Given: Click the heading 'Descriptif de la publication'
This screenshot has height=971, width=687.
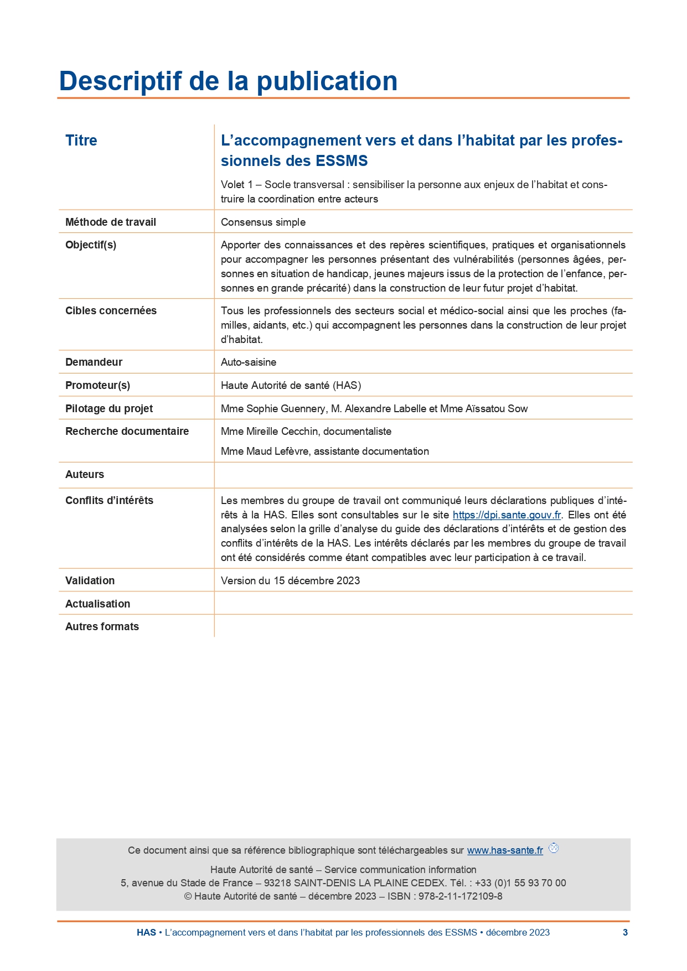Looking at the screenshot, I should [x=228, y=81].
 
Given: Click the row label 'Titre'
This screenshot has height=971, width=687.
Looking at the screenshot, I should [x=81, y=141].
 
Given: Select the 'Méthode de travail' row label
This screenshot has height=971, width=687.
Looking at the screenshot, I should [x=111, y=222].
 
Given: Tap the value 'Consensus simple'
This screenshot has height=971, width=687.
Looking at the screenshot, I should [x=263, y=222].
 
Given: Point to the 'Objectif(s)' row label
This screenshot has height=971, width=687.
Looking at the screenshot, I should [x=91, y=245].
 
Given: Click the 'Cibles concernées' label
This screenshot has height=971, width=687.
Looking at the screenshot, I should [x=111, y=310].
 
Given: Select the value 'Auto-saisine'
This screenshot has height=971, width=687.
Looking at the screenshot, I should [x=249, y=362].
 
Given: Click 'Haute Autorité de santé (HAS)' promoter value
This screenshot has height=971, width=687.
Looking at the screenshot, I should [x=291, y=385].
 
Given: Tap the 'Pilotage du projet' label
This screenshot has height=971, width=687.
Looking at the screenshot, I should [x=109, y=408].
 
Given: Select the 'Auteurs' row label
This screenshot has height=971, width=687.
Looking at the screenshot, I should [x=85, y=474].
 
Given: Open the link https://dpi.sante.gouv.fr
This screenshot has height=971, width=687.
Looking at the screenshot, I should [x=507, y=515].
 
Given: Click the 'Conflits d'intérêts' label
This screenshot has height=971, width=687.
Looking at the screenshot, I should [x=109, y=500].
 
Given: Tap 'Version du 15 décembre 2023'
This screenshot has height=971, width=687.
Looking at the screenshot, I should [x=290, y=580].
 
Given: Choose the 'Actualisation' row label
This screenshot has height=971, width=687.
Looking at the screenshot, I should [x=98, y=604].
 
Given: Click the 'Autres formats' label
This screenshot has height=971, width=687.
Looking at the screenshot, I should [x=102, y=626].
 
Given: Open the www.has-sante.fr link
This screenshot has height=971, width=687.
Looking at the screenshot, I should [x=505, y=850].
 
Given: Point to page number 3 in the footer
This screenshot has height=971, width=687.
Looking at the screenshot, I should [x=625, y=932].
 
